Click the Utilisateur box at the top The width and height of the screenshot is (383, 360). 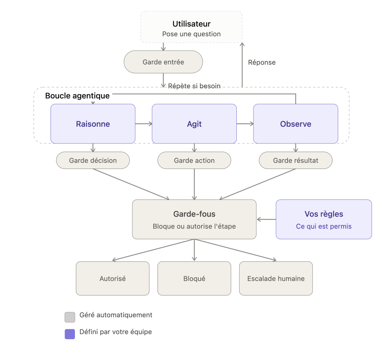191,27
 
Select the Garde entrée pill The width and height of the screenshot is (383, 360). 163,62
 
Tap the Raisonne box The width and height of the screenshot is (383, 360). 93,124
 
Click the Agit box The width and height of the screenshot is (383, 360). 194,124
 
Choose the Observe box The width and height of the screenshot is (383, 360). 295,124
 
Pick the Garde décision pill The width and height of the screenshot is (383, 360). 93,160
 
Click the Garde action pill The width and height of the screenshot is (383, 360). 194,160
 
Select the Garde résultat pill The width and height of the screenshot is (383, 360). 295,160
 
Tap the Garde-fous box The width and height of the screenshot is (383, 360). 194,219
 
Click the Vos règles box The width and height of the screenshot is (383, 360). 323,219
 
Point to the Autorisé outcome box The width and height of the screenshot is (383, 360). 113,278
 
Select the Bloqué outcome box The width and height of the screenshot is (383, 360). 194,278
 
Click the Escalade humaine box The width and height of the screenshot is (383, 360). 276,278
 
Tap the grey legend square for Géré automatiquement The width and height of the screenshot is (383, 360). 70,317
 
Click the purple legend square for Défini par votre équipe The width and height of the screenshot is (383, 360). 70,334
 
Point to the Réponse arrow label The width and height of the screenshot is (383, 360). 262,63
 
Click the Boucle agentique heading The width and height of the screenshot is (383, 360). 77,96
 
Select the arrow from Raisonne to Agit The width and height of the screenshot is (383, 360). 144,124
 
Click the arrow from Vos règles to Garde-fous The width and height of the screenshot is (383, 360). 266,219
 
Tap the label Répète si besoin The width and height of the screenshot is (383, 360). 194,86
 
